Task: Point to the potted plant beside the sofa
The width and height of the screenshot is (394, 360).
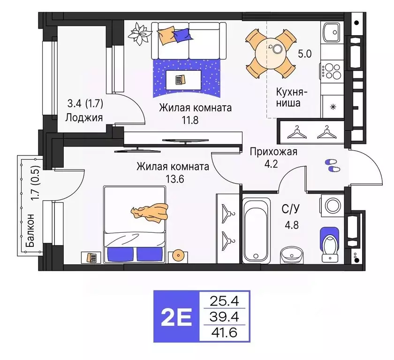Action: tap(138, 33)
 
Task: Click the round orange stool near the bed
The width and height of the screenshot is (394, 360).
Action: tap(179, 256)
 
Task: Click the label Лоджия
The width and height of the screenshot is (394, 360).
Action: tap(84, 117)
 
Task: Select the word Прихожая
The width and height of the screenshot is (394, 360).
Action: tap(273, 152)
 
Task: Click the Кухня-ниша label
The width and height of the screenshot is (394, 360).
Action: tap(288, 97)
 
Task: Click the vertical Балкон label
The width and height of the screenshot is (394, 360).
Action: tap(30, 231)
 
